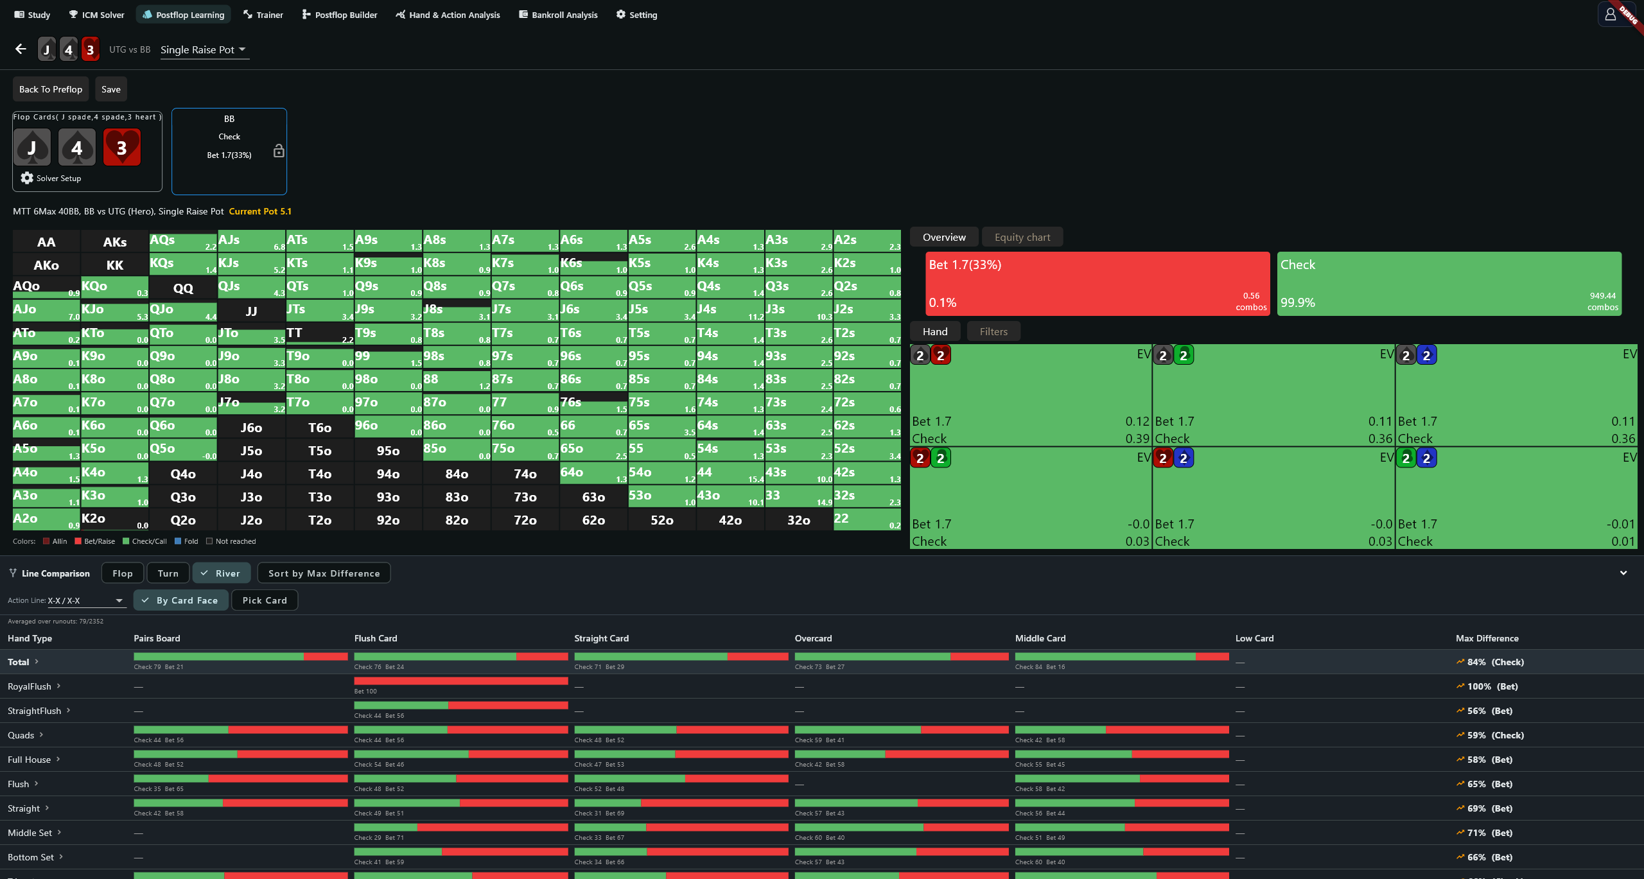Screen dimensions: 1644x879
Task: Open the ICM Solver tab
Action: click(96, 15)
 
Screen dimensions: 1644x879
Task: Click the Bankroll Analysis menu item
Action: click(558, 15)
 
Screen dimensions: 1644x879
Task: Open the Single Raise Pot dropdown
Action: click(204, 49)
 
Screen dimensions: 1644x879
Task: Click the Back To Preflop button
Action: click(51, 89)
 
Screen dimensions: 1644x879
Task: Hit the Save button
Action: click(111, 89)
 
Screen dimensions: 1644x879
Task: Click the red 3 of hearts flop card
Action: click(122, 147)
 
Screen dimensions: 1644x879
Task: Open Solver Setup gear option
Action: click(51, 178)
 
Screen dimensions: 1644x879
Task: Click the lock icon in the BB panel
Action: click(279, 151)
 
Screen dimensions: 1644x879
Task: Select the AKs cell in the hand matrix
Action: click(115, 242)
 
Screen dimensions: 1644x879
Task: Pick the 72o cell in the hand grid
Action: click(525, 520)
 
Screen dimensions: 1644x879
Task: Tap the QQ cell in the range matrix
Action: click(183, 288)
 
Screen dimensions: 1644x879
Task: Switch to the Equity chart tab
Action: click(1022, 237)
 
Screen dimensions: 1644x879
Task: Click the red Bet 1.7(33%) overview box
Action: click(1097, 283)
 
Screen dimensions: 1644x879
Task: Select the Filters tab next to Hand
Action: click(993, 331)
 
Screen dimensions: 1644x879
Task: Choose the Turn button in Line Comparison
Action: click(168, 573)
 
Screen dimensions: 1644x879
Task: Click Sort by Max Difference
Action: click(324, 573)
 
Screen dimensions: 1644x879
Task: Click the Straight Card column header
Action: click(601, 638)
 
